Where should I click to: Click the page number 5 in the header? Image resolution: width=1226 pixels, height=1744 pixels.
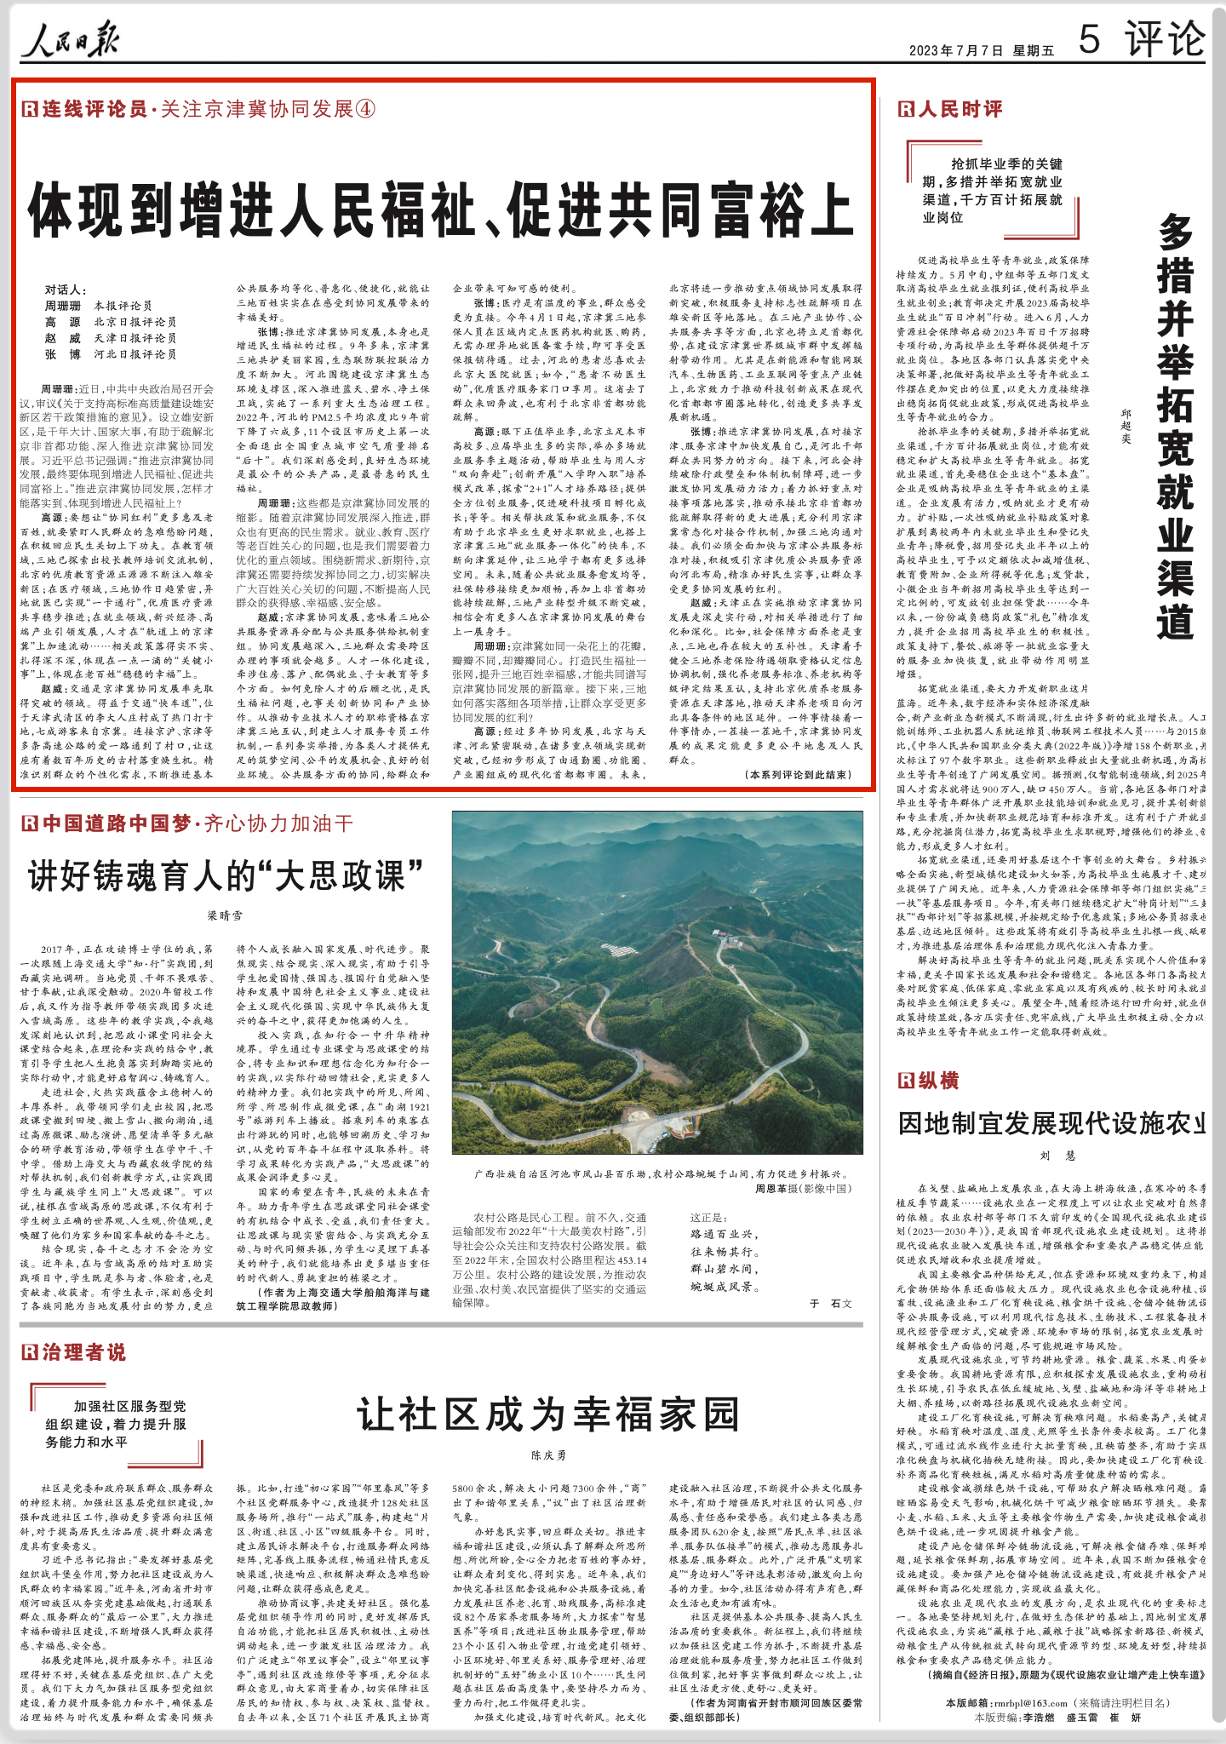pyautogui.click(x=1089, y=39)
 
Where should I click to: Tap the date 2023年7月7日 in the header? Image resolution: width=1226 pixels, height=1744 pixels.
pyautogui.click(x=955, y=51)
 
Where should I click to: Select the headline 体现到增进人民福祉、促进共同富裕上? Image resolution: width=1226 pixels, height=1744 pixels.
pyautogui.click(x=441, y=209)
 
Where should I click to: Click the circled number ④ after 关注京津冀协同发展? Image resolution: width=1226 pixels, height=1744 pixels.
pyautogui.click(x=364, y=109)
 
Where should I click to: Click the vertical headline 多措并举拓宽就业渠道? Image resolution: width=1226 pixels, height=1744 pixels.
pyautogui.click(x=1174, y=426)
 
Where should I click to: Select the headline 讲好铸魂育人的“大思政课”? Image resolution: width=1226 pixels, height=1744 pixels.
pyautogui.click(x=226, y=876)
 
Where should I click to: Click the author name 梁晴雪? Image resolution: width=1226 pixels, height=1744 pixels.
pyautogui.click(x=226, y=915)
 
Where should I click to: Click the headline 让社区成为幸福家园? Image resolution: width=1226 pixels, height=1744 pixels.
pyautogui.click(x=548, y=1414)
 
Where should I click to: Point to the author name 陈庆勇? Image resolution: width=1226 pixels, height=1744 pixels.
pyautogui.click(x=548, y=1455)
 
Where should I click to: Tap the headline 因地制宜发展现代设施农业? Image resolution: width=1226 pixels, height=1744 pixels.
pyautogui.click(x=1052, y=1123)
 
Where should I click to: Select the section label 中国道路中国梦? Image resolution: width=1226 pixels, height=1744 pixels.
pyautogui.click(x=117, y=823)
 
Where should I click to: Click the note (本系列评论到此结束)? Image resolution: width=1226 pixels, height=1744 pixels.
pyautogui.click(x=798, y=775)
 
